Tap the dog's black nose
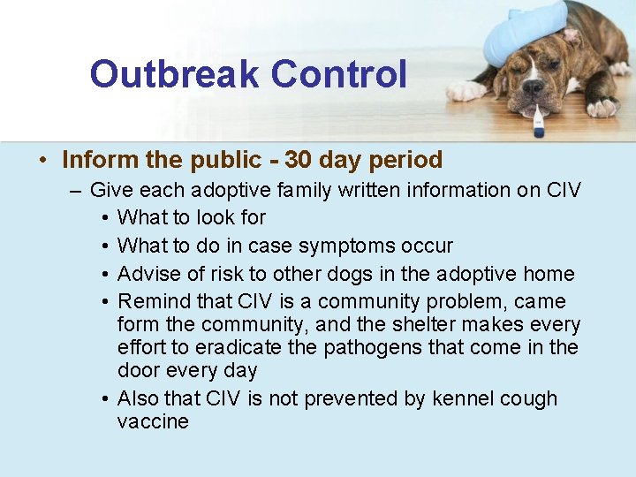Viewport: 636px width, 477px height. pos(533,87)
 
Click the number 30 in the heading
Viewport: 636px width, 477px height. pos(298,160)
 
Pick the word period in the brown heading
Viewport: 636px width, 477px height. pos(407,160)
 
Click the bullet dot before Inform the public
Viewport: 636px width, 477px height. pos(42,161)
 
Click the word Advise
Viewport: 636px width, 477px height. pos(148,274)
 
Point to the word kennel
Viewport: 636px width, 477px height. pos(464,398)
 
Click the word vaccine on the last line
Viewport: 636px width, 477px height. pos(153,421)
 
